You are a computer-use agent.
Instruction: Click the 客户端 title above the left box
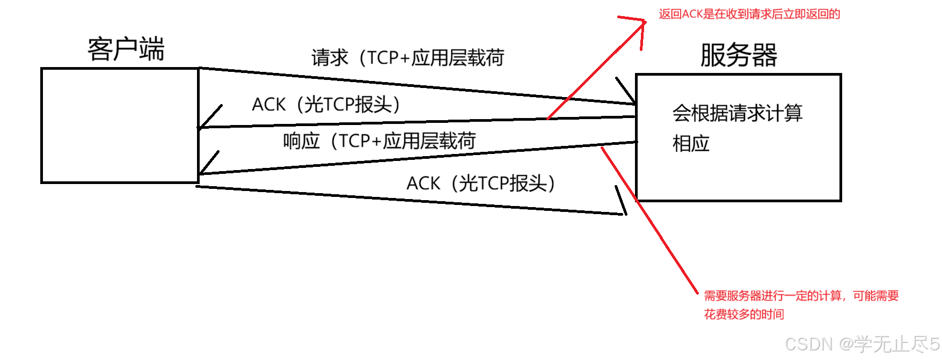pos(126,49)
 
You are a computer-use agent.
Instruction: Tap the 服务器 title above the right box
pos(739,55)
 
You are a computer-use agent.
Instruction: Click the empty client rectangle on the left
pos(120,126)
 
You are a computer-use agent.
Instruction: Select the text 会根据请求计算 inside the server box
pos(737,114)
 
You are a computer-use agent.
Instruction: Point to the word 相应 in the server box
pos(691,144)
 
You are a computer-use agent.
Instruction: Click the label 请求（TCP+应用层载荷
pos(407,58)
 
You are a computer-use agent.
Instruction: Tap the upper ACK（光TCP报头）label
pos(326,104)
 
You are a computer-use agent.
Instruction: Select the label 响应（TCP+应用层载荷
pos(379,141)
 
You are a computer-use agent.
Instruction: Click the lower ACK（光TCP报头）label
pos(480,183)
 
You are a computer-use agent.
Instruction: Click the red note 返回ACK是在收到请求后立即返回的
pos(749,14)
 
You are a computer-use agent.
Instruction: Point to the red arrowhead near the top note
pos(639,27)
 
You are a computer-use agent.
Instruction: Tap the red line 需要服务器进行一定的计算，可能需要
pos(801,296)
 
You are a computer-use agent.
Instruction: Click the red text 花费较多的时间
pos(743,314)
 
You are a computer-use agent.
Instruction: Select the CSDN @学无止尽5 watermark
pos(862,343)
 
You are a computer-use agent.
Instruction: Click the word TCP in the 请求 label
pos(382,58)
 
